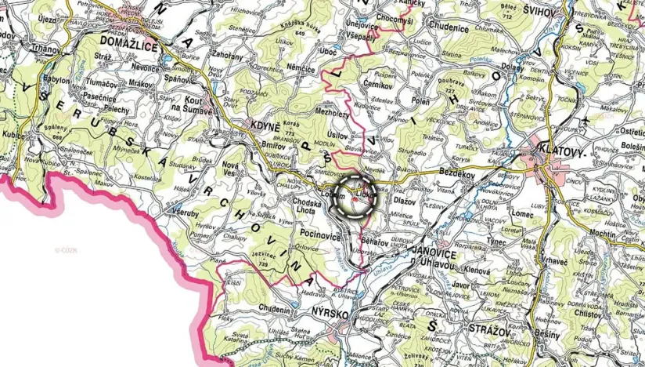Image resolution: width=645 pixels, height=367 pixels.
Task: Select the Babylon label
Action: (56, 80)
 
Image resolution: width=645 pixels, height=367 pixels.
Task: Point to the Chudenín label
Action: (279, 308)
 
